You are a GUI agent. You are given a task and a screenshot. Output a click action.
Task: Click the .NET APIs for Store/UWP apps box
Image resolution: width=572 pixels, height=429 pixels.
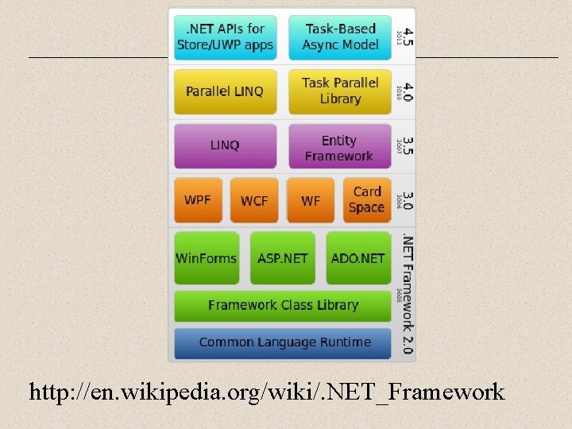[225, 37]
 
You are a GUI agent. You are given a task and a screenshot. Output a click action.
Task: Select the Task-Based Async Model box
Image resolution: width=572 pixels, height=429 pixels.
[340, 37]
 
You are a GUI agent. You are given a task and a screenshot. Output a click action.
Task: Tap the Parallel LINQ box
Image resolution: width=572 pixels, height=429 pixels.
[225, 91]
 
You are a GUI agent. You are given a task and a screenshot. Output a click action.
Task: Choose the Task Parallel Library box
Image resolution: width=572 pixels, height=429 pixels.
[340, 91]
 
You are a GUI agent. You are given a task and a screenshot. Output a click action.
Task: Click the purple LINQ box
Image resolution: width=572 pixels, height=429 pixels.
[225, 145]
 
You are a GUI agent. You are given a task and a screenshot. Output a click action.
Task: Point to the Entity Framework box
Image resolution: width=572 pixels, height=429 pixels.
[340, 148]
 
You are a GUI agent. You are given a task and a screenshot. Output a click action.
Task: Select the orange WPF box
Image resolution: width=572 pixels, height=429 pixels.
[198, 199]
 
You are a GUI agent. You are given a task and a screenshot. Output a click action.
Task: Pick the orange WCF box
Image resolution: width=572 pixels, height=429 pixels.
[254, 200]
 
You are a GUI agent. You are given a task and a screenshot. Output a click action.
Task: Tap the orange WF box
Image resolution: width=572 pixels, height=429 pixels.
[311, 200]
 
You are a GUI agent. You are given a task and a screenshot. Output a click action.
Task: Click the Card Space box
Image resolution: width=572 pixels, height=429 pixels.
[367, 199]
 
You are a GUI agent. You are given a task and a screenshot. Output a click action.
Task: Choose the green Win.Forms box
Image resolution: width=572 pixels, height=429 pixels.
[207, 258]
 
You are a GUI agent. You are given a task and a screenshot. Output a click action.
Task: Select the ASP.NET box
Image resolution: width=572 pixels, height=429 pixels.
[283, 258]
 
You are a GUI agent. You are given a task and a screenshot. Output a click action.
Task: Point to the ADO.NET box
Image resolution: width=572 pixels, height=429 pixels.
[358, 258]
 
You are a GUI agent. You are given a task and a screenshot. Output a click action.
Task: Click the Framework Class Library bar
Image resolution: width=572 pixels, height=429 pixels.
[283, 305]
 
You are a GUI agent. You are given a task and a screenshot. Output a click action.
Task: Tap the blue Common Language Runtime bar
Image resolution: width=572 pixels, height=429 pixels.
[283, 342]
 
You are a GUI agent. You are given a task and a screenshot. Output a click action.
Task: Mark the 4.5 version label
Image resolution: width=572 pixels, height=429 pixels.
[407, 37]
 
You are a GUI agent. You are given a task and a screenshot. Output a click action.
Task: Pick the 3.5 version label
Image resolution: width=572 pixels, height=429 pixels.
[407, 145]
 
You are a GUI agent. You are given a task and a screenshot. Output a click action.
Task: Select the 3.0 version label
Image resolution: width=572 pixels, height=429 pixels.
[407, 199]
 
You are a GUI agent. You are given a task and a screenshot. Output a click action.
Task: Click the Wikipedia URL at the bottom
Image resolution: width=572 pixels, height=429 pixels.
[266, 392]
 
